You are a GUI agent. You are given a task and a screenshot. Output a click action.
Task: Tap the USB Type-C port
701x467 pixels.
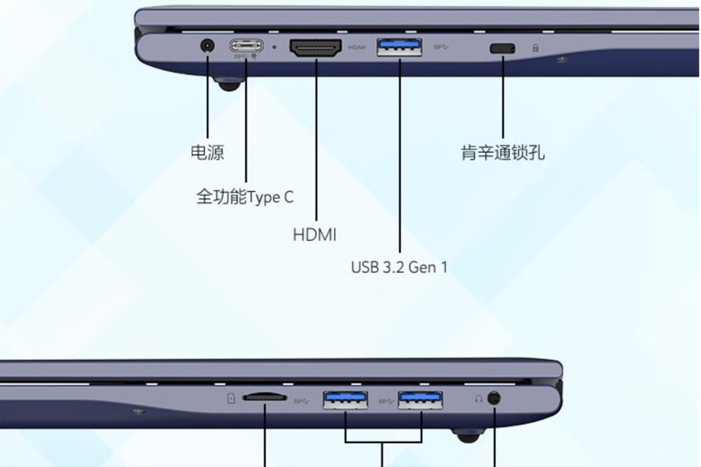(x=246, y=45)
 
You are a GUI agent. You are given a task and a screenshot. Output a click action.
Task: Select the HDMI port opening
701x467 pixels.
(x=315, y=48)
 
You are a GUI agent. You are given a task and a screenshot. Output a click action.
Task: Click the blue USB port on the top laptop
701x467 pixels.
(x=400, y=47)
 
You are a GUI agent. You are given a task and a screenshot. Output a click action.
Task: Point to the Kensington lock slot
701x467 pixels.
(x=502, y=48)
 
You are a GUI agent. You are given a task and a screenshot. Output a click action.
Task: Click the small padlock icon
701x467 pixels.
(x=535, y=48)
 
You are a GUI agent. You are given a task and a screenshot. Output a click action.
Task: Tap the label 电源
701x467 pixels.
(x=207, y=152)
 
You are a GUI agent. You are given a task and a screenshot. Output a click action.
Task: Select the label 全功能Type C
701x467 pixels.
(x=245, y=197)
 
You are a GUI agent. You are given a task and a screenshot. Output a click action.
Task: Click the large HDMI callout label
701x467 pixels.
(x=315, y=235)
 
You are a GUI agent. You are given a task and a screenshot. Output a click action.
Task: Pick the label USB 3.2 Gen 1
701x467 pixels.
(x=399, y=267)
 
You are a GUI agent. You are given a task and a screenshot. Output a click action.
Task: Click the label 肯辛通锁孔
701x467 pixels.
(x=503, y=153)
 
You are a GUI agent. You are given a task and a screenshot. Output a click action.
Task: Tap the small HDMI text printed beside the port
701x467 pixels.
(x=357, y=47)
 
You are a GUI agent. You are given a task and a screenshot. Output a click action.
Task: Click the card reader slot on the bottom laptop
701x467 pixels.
(x=265, y=397)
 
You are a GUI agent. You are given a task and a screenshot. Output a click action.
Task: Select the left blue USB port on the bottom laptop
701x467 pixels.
(x=345, y=399)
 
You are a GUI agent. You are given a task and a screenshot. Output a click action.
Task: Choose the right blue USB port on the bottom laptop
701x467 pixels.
(x=420, y=399)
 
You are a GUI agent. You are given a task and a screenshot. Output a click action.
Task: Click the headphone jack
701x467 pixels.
(x=494, y=399)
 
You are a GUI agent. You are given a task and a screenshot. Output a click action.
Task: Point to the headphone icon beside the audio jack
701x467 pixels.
(x=479, y=399)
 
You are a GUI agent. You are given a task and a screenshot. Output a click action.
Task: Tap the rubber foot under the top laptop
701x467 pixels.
(x=228, y=85)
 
